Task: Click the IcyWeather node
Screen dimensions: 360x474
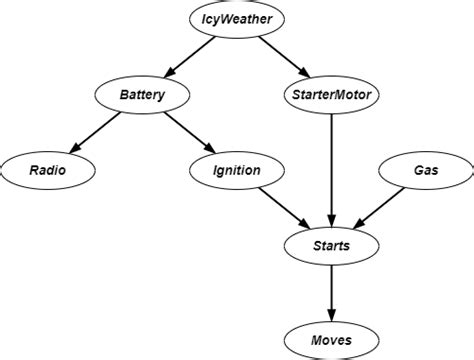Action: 236,19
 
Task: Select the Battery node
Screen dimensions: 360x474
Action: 141,96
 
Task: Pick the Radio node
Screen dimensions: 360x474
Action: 48,171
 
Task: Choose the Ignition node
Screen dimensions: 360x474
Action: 236,171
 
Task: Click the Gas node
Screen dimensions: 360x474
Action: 424,171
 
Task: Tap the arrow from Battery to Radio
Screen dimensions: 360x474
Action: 95,133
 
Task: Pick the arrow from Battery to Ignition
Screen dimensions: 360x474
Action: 189,133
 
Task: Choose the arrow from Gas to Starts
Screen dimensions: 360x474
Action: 377,208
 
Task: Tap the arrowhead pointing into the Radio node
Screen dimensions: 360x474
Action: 74,149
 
